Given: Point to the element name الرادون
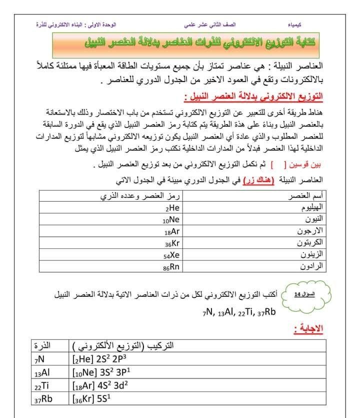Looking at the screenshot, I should click(x=312, y=267).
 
